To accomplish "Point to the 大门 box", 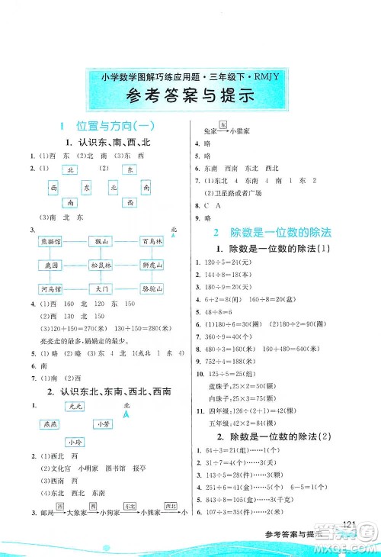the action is (103, 289).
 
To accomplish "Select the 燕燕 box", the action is (53, 424).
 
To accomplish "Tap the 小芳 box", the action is (102, 423).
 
